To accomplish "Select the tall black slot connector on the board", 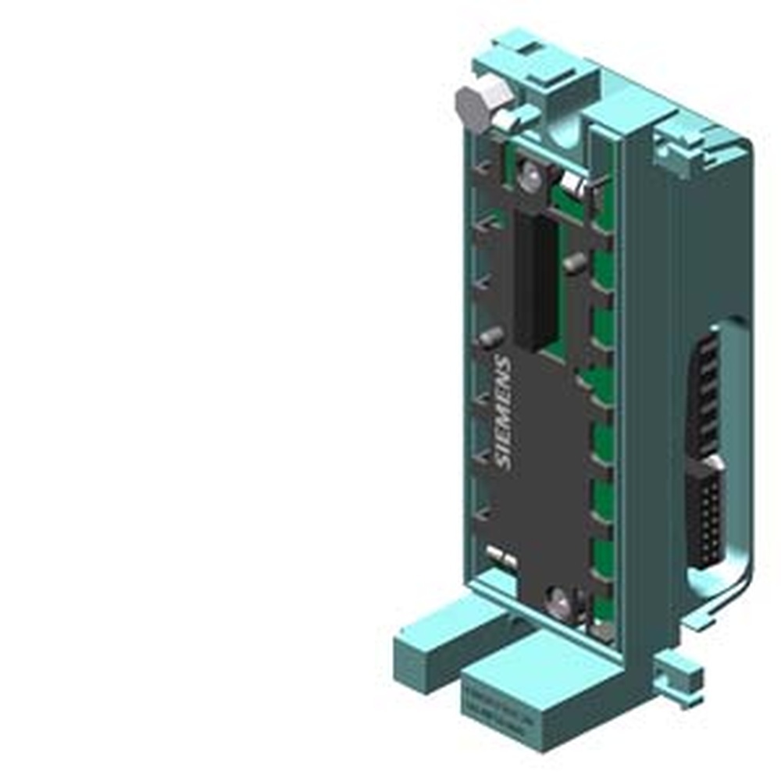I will click(x=535, y=281).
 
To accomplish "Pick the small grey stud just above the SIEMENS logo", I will click(x=490, y=337).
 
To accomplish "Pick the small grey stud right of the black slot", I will click(x=575, y=264).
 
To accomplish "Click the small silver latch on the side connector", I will click(x=714, y=464).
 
